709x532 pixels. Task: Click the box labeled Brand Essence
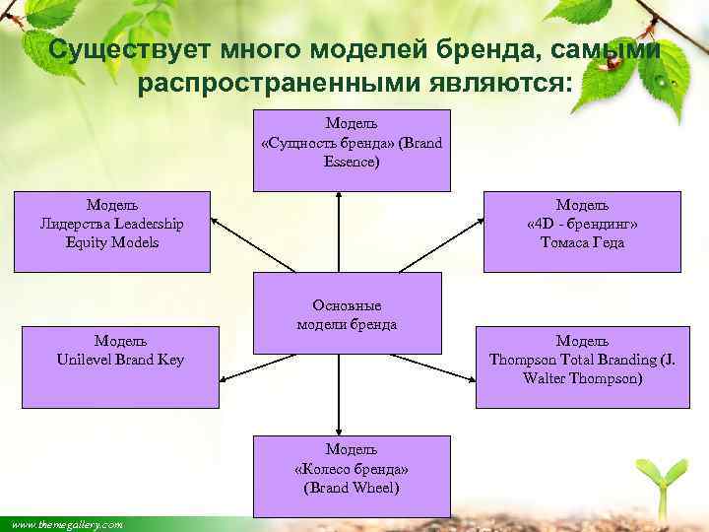tap(352, 150)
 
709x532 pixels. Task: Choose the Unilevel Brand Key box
tap(120, 366)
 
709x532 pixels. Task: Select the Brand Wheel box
tap(352, 476)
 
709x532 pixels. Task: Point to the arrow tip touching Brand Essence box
tap(339, 195)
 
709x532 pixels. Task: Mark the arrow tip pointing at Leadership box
tap(215, 218)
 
